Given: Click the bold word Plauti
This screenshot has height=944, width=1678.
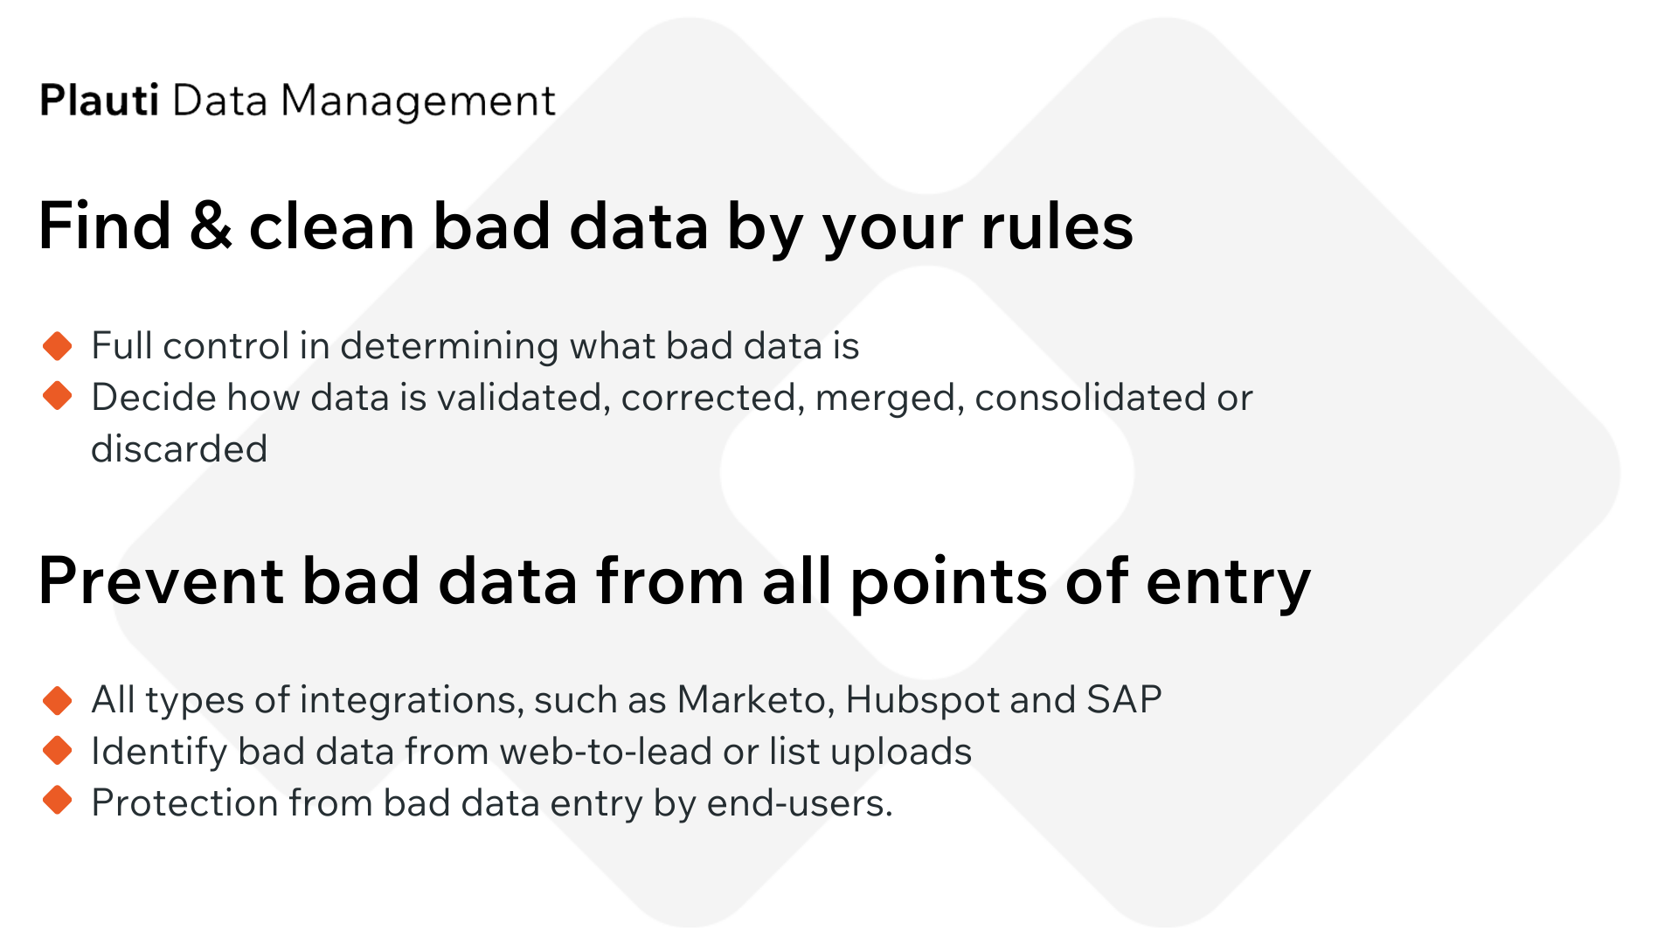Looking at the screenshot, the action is pyautogui.click(x=99, y=100).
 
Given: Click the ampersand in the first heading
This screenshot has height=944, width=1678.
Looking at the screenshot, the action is pyautogui.click(x=211, y=226).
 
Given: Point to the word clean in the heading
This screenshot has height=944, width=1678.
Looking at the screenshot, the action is pyautogui.click(x=331, y=226).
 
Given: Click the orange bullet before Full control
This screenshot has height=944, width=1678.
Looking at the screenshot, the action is pyautogui.click(x=58, y=346).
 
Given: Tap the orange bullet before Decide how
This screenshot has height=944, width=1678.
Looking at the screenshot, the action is pyautogui.click(x=58, y=396).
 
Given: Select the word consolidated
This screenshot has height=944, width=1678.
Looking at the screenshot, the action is pyautogui.click(x=1091, y=398).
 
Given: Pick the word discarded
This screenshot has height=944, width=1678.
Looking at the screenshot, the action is pyautogui.click(x=179, y=449).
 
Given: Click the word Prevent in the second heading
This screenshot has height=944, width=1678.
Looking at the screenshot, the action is pyautogui.click(x=162, y=581).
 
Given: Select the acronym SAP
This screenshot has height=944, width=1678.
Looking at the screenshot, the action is pyautogui.click(x=1124, y=700).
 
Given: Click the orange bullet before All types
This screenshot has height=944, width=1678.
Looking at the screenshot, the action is pyautogui.click(x=58, y=700).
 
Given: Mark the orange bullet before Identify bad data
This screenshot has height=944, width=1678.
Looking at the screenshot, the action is pyautogui.click(x=58, y=750).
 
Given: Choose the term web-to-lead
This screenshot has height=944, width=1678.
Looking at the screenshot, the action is pyautogui.click(x=606, y=752).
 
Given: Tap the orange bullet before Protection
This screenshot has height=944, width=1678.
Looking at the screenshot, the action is pyautogui.click(x=58, y=801).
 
